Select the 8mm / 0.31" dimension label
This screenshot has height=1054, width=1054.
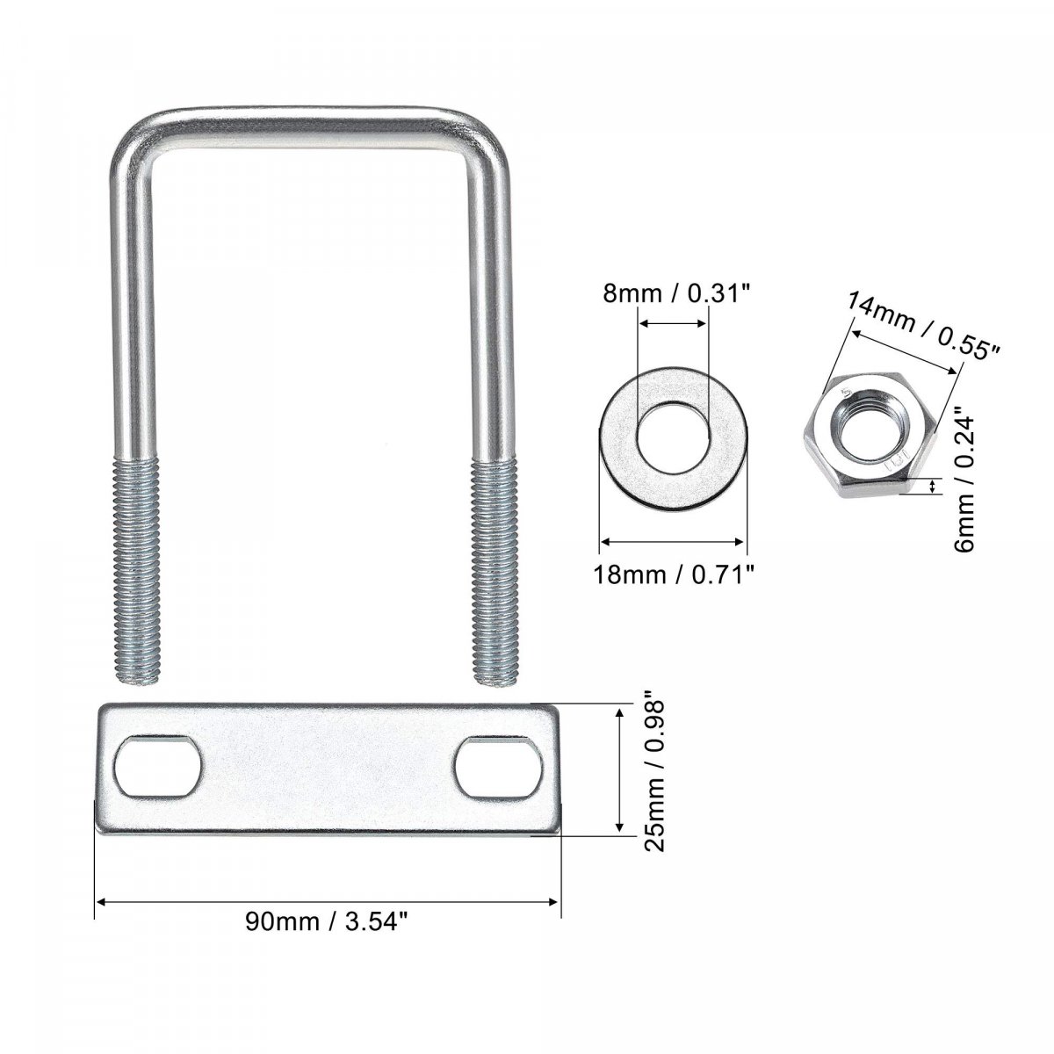[675, 294]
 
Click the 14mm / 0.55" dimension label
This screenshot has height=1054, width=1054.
[923, 325]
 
